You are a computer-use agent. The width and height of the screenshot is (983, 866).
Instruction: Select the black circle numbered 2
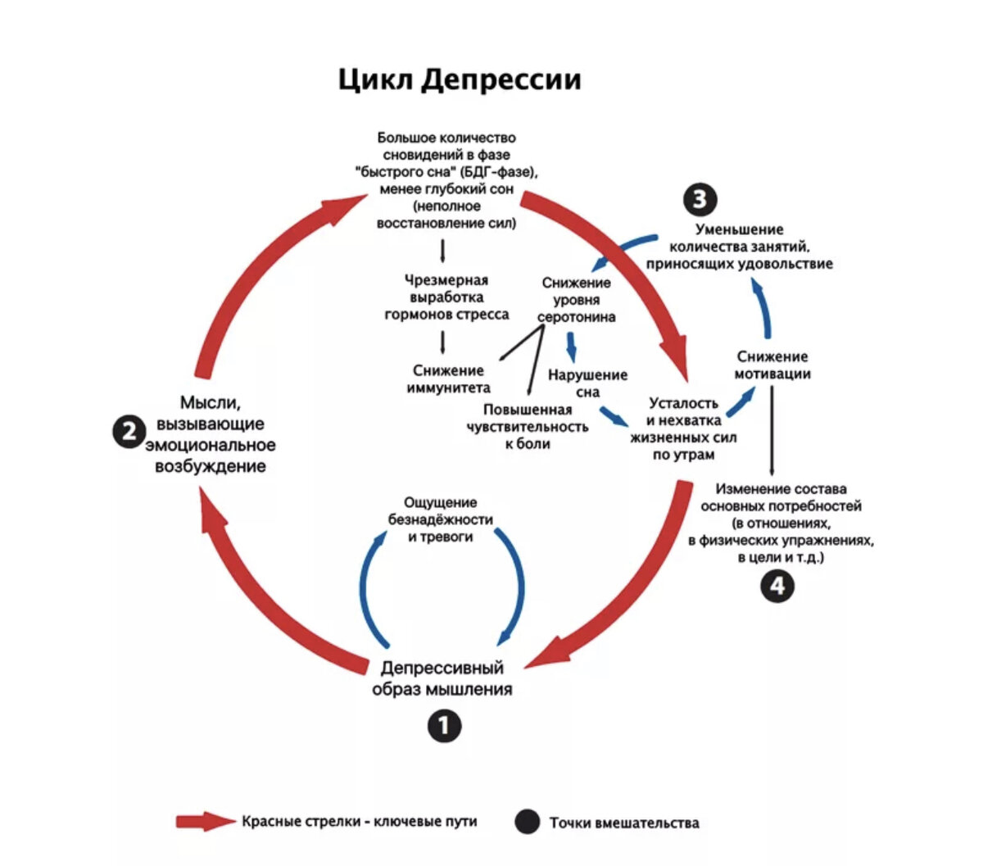[129, 432]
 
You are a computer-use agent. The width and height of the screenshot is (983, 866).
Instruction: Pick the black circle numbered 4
[777, 587]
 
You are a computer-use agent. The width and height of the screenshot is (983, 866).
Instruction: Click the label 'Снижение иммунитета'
[448, 379]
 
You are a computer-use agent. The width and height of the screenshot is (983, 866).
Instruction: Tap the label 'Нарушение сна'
[587, 383]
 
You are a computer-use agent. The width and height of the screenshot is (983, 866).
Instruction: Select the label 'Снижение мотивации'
[772, 365]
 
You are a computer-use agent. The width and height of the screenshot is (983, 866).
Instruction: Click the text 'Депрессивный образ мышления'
[442, 679]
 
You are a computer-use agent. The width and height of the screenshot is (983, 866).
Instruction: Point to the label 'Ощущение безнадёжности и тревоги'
[441, 519]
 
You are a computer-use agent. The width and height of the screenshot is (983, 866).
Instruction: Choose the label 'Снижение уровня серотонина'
[576, 300]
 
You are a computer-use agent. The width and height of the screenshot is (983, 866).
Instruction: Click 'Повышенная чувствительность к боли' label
[527, 426]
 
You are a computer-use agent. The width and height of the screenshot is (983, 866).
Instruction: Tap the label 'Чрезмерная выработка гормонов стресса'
[446, 297]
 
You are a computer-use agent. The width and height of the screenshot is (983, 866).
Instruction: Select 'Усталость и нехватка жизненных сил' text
[683, 428]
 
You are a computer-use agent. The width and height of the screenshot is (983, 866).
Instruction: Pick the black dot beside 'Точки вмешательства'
[528, 822]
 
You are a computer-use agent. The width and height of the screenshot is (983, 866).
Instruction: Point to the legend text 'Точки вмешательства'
[624, 823]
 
